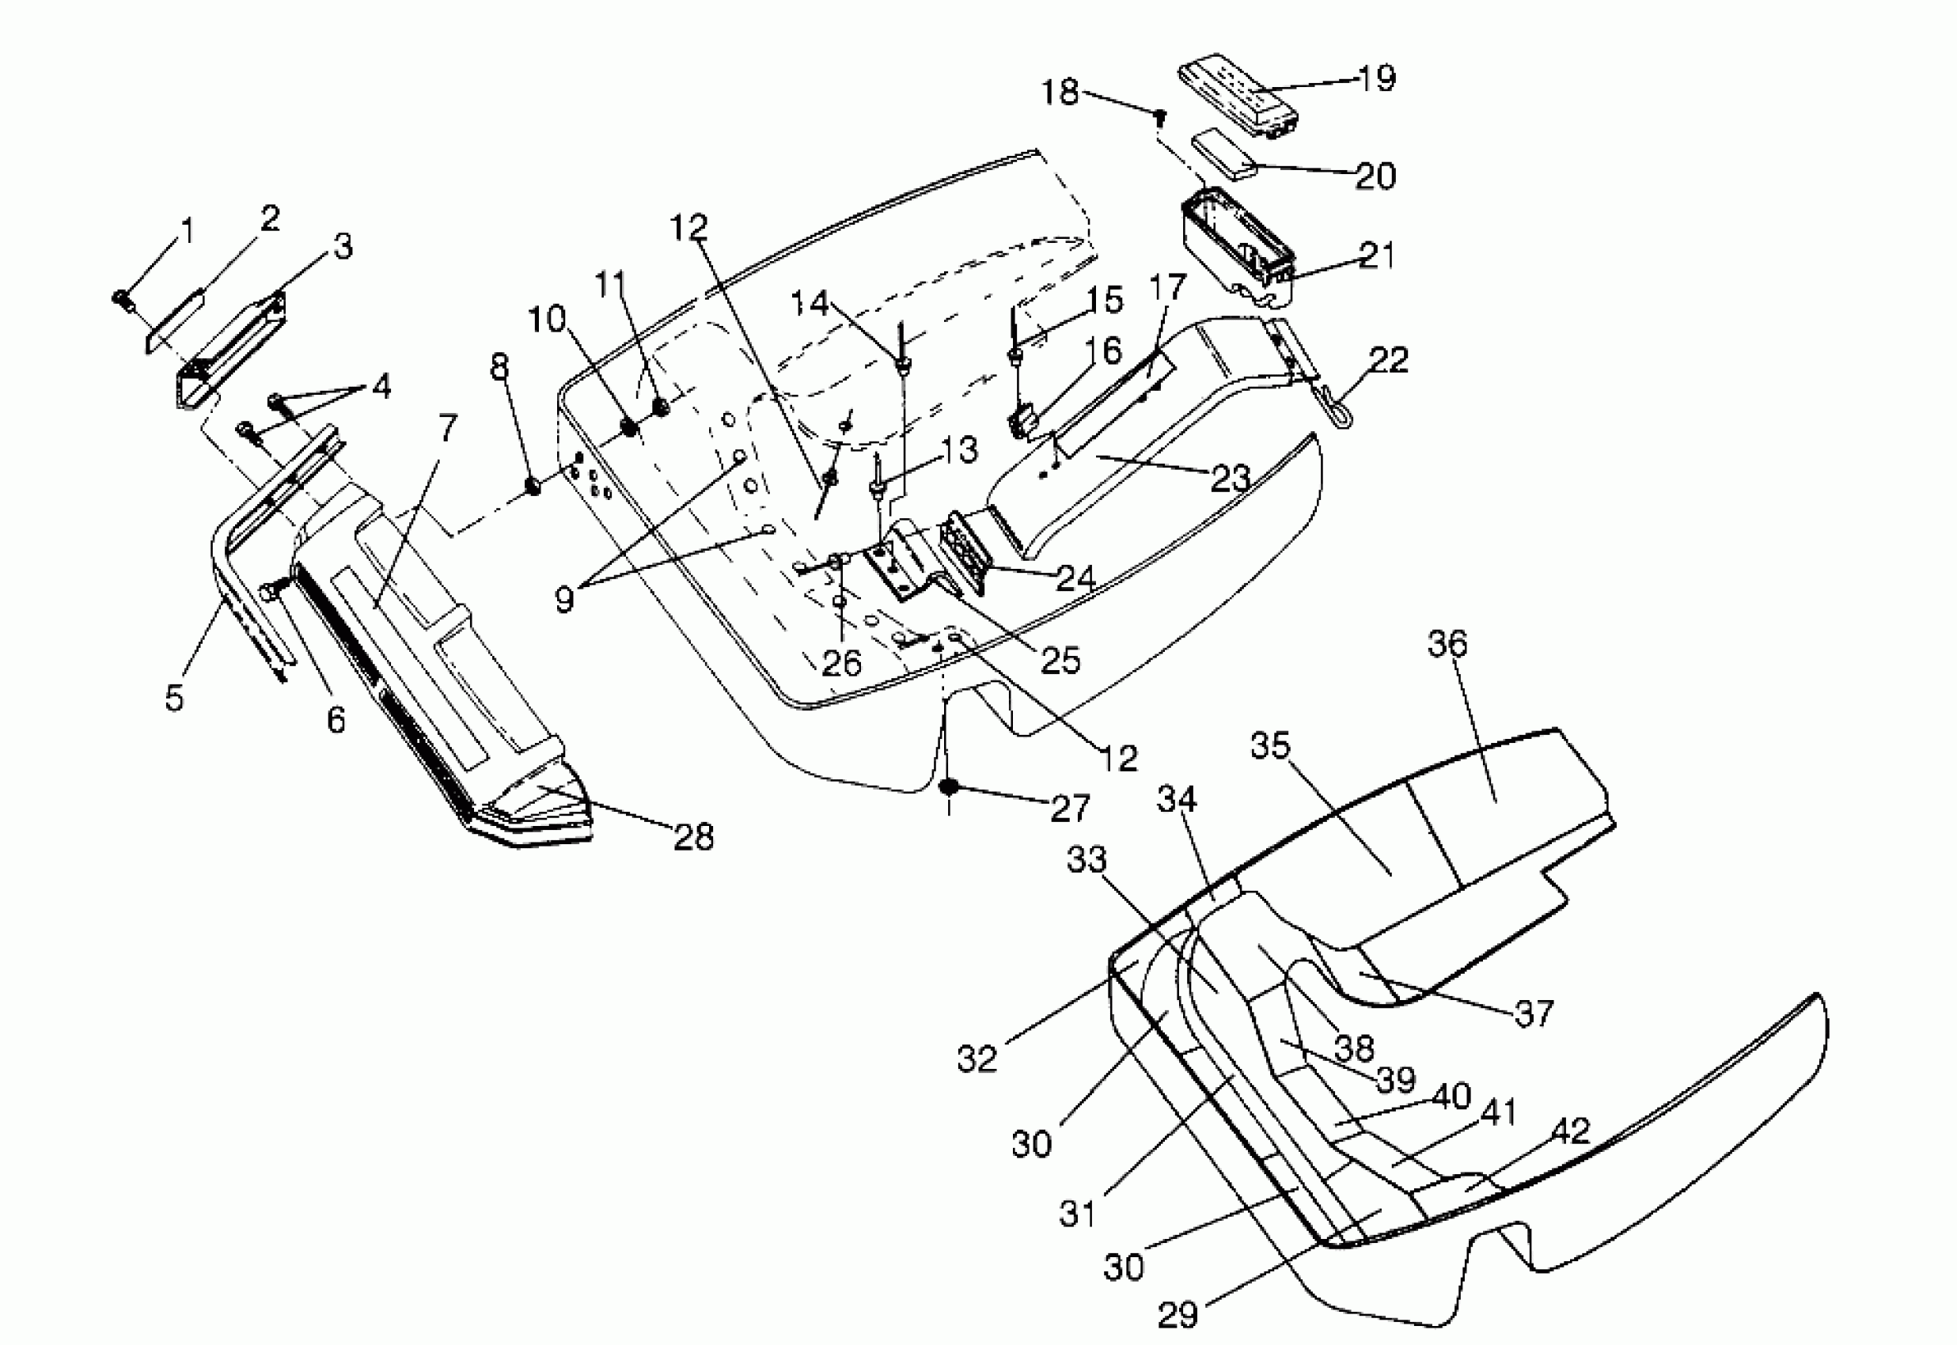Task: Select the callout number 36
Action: coord(1447,644)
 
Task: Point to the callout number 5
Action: coord(173,698)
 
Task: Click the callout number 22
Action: coord(1389,360)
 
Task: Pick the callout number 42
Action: coord(1570,1131)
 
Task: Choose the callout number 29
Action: coord(1178,1314)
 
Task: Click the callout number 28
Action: coord(694,837)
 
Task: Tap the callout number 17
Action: coord(1168,287)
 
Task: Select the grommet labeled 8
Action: coord(533,487)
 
